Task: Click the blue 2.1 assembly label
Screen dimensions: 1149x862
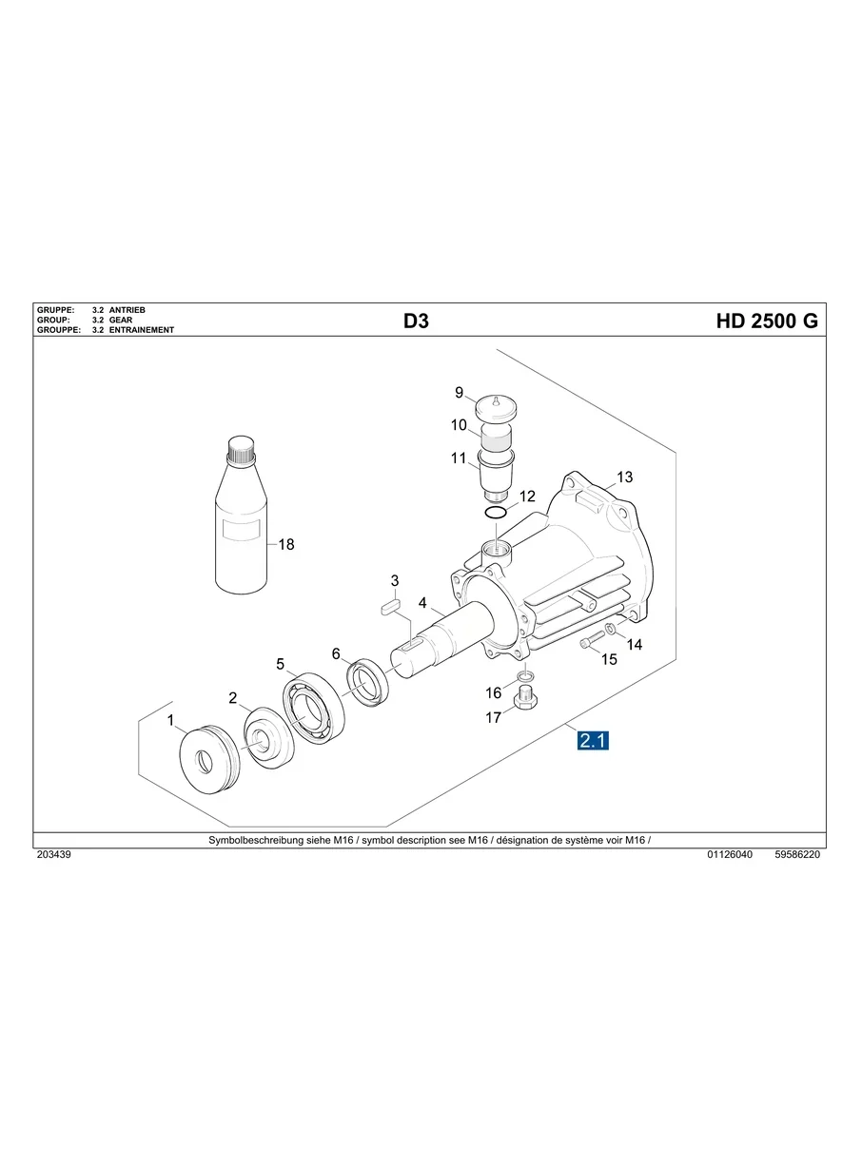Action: tap(593, 740)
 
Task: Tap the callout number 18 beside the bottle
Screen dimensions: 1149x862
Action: tap(285, 545)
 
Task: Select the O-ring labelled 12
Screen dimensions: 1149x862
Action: tap(495, 514)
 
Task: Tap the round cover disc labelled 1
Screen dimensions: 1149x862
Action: tap(206, 757)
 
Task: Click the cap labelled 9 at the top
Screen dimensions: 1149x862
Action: tap(500, 407)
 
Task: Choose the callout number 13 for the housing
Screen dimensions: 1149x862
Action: tap(624, 477)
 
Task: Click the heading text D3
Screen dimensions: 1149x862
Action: tap(416, 321)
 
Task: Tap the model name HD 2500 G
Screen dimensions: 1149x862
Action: tap(766, 321)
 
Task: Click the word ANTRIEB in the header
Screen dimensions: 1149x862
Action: tap(127, 310)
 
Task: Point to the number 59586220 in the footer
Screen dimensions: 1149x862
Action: tap(797, 855)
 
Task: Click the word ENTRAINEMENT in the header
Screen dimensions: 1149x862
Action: tap(142, 330)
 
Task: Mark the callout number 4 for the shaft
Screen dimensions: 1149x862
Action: tap(422, 603)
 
